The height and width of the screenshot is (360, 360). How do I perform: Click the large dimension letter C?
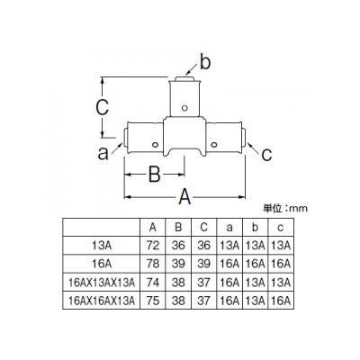click(102, 107)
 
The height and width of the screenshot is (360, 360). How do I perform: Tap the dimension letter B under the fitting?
click(155, 174)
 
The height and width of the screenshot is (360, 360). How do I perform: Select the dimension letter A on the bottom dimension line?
click(184, 197)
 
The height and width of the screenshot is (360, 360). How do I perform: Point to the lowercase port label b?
click(205, 63)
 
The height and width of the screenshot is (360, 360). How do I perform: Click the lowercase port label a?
click(103, 154)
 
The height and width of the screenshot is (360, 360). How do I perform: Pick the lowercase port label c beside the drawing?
click(266, 155)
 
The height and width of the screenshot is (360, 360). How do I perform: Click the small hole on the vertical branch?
click(184, 108)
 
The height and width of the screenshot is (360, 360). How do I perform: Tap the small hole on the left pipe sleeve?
click(155, 145)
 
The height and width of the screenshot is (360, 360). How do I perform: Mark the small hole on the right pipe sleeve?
click(213, 145)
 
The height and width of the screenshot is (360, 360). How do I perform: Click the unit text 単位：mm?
click(285, 208)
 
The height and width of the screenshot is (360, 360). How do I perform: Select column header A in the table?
click(153, 228)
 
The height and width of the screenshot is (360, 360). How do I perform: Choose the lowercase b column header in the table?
click(255, 228)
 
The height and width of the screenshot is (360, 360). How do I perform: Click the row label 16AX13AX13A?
click(102, 283)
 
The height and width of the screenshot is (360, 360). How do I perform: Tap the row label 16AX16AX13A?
click(102, 301)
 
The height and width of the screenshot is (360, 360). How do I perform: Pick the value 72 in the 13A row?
click(153, 246)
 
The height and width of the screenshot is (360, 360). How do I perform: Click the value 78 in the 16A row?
click(153, 264)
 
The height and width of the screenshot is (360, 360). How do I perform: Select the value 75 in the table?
click(153, 301)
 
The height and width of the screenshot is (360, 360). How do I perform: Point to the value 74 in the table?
click(153, 283)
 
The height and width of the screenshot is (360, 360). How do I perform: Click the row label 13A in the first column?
click(102, 246)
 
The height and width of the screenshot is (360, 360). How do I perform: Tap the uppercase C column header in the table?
click(203, 228)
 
